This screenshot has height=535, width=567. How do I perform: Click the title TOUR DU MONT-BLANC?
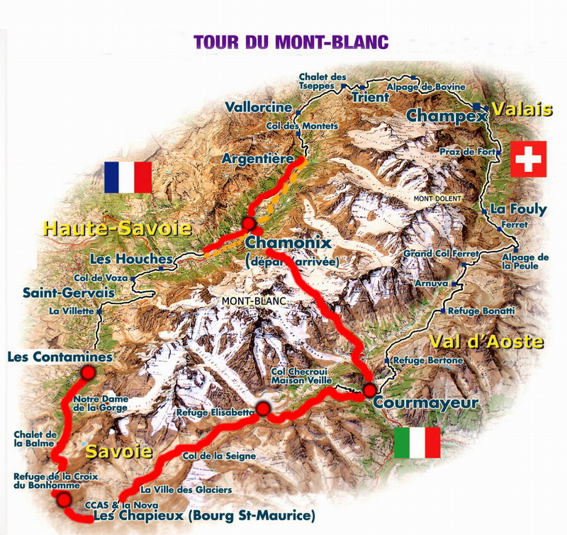291,40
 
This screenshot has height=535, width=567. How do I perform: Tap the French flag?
128,177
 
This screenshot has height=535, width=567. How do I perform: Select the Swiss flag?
529,159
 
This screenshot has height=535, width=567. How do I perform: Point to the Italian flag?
417,443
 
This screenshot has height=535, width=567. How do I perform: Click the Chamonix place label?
288,243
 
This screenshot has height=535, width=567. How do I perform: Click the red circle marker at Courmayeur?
370,389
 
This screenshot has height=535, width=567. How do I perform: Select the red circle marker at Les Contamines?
88,372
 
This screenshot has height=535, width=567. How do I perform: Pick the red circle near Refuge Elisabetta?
264,408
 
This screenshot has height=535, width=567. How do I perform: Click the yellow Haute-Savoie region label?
118,228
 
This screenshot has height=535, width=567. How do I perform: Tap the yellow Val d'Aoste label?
487,342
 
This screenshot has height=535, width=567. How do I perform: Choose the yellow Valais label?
522,110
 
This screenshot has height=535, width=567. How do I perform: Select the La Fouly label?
519,209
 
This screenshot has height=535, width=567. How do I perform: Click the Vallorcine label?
259,108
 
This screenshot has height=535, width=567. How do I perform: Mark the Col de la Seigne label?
219,456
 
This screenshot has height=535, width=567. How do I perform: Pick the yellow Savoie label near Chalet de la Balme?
120,451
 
